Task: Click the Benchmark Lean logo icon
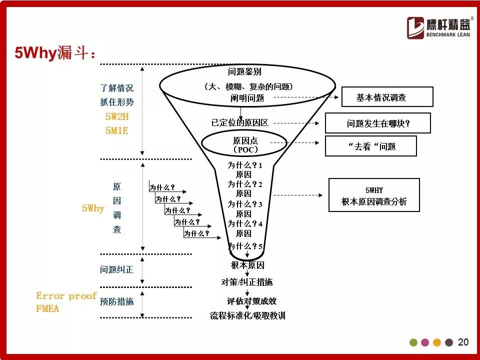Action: click(x=415, y=28)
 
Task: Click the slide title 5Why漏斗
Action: click(x=55, y=52)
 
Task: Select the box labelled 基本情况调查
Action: click(x=387, y=96)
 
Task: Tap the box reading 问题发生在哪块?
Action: click(x=378, y=123)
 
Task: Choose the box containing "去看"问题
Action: click(x=370, y=146)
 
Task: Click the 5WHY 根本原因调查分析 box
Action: click(x=374, y=195)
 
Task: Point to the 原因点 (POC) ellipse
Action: click(x=244, y=143)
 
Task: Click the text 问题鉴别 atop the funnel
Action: click(x=244, y=71)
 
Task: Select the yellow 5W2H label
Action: click(x=117, y=116)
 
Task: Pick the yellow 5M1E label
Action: click(x=116, y=130)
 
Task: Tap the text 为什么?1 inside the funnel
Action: click(x=244, y=165)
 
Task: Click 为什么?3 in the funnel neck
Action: click(x=244, y=204)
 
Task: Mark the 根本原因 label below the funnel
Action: click(x=247, y=265)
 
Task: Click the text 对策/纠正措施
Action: click(x=246, y=282)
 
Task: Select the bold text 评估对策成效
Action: click(x=251, y=301)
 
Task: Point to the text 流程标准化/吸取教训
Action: click(x=247, y=315)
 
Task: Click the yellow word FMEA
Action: click(x=47, y=308)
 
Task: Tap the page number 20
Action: click(x=463, y=342)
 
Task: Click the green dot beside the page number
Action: click(x=413, y=342)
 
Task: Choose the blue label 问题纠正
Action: click(x=116, y=269)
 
